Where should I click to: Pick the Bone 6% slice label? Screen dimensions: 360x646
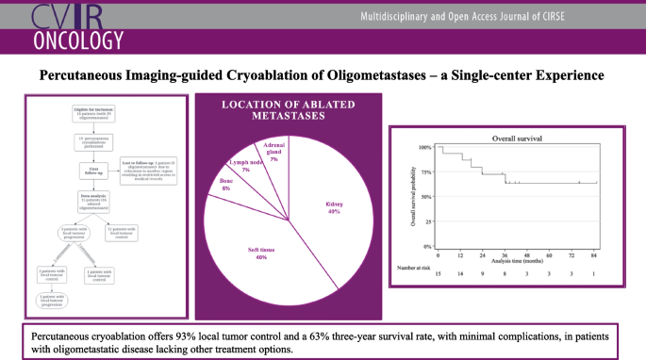point(226,185)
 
